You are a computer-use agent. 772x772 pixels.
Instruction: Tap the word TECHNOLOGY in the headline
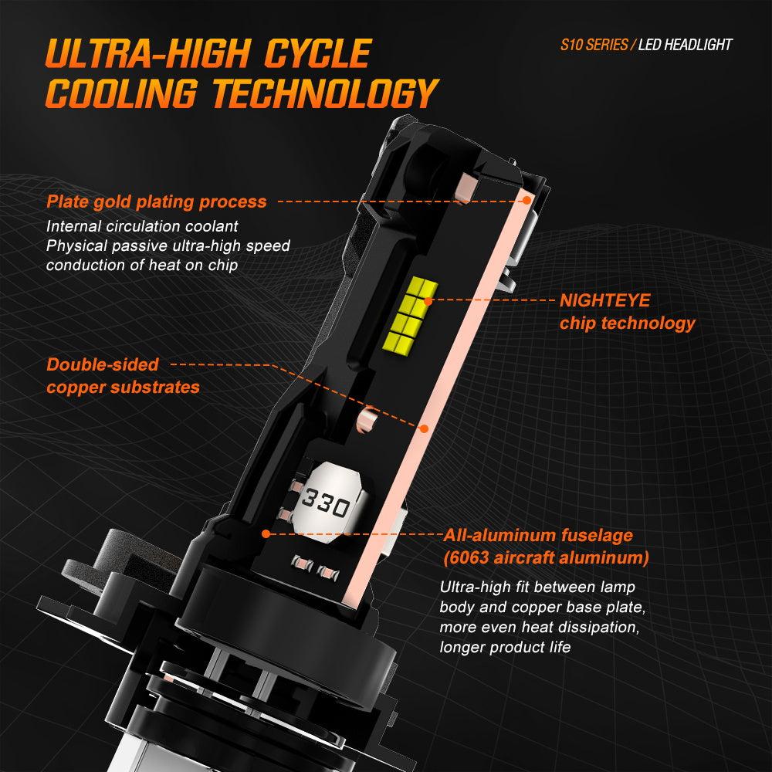(325, 94)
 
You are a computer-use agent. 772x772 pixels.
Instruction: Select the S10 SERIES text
(594, 44)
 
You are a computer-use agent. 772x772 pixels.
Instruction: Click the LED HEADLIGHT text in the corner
(685, 44)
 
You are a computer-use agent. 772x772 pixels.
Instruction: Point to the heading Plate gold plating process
(157, 202)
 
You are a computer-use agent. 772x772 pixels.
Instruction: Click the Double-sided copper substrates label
(123, 376)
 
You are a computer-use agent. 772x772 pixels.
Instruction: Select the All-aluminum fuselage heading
(538, 535)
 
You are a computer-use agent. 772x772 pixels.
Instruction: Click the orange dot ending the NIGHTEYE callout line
(427, 299)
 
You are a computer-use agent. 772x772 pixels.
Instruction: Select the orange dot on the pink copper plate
(423, 426)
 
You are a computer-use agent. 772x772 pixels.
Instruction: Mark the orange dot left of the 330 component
(266, 533)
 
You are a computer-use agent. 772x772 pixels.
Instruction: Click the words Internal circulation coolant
(142, 227)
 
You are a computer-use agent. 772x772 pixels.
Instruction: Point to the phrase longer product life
(505, 647)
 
